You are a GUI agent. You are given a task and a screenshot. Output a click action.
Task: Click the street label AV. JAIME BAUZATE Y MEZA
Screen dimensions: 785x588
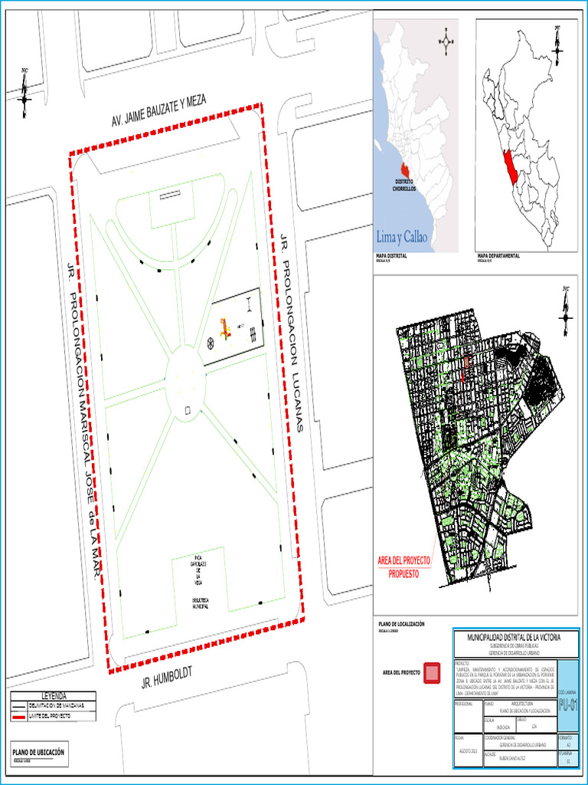click(159, 113)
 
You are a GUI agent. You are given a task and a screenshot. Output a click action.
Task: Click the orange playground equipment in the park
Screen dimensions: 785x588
click(224, 329)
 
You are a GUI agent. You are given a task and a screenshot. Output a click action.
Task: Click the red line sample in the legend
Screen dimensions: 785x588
click(18, 716)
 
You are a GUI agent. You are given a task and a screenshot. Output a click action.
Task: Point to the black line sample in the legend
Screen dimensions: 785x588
click(18, 705)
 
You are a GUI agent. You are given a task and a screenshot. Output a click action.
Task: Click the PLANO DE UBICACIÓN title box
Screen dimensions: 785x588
click(38, 754)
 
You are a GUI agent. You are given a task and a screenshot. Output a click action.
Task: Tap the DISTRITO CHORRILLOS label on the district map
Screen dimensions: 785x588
click(404, 184)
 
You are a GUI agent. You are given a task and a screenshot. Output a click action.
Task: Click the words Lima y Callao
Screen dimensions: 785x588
click(407, 235)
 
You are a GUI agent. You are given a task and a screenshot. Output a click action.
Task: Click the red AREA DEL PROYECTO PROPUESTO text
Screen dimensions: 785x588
click(404, 567)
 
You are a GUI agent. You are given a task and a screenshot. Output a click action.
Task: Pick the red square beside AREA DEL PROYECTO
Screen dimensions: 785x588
click(433, 672)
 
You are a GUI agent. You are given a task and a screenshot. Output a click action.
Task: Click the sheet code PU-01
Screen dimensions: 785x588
click(568, 705)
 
